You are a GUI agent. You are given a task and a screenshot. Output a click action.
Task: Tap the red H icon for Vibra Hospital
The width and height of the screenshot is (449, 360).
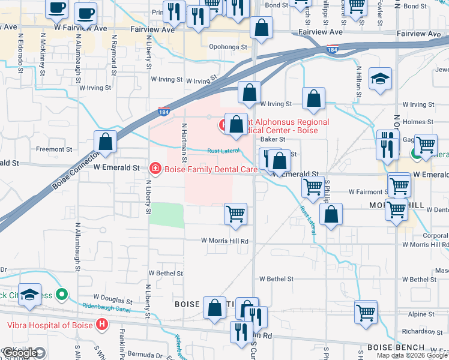tap(102, 325)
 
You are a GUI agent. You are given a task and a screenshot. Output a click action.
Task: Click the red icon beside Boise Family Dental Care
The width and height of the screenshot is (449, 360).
tap(155, 169)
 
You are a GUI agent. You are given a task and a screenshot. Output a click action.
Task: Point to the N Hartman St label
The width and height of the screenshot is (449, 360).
tap(184, 144)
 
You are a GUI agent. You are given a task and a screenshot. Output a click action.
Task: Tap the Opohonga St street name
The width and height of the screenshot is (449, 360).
tap(228, 46)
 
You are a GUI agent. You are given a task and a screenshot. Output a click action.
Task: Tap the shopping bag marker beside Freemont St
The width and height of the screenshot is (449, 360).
tap(105, 142)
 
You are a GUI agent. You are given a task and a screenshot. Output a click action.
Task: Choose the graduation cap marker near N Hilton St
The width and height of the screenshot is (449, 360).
tap(380, 80)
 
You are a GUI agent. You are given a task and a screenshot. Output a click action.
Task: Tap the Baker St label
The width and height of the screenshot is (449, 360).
tap(272, 139)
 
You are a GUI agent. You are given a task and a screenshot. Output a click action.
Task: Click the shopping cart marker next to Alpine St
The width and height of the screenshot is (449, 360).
tap(366, 311)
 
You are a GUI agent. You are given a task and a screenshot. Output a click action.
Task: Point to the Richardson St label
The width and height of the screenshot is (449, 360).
tap(423, 330)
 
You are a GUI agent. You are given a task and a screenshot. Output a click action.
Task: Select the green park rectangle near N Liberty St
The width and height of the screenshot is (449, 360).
tap(166, 215)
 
